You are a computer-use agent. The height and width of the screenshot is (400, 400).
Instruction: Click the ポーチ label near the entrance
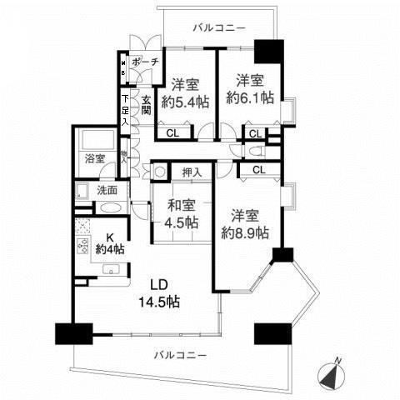click(144, 62)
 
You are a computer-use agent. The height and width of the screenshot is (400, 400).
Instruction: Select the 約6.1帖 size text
click(250, 97)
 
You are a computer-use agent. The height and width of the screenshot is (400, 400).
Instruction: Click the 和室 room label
click(180, 206)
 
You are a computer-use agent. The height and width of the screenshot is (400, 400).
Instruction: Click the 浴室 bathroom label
click(93, 157)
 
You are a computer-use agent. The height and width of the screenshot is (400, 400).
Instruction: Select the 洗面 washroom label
click(107, 190)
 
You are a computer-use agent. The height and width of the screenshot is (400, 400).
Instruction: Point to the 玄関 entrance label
click(145, 105)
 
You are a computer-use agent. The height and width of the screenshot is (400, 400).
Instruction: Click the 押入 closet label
click(192, 172)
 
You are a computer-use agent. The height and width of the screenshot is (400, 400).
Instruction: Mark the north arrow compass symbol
click(333, 374)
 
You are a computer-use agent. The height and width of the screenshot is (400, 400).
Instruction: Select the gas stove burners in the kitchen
click(83, 246)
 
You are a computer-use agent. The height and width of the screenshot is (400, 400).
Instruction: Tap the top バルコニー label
click(218, 28)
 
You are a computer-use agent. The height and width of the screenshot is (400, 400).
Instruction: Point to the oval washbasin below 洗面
click(113, 208)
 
